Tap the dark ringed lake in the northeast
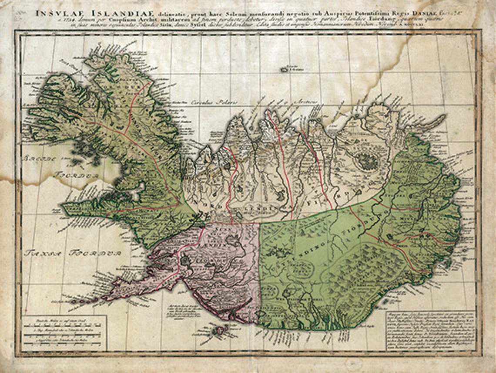pos(367,161)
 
